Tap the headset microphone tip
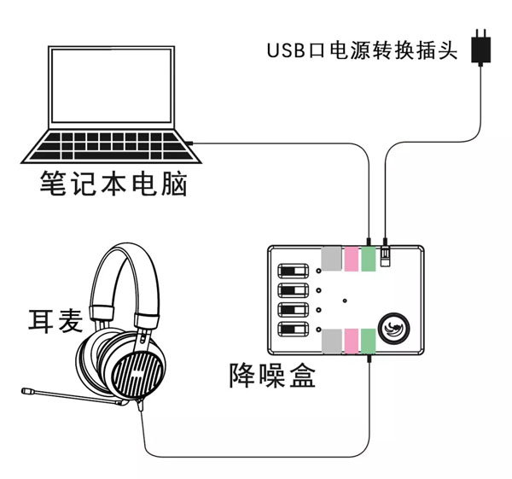(28, 392)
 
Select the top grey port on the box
(331, 259)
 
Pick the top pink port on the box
(351, 259)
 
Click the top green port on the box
(369, 259)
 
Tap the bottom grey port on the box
(331, 340)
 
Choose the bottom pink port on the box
(351, 340)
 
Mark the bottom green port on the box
(369, 340)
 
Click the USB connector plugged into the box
(386, 254)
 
